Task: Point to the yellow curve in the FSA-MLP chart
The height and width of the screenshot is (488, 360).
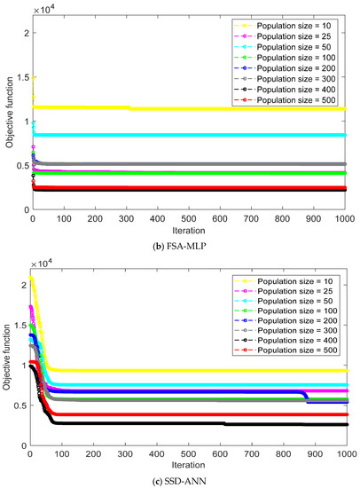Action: coord(177,108)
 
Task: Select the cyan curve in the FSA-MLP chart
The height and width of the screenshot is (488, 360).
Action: coord(177,135)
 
